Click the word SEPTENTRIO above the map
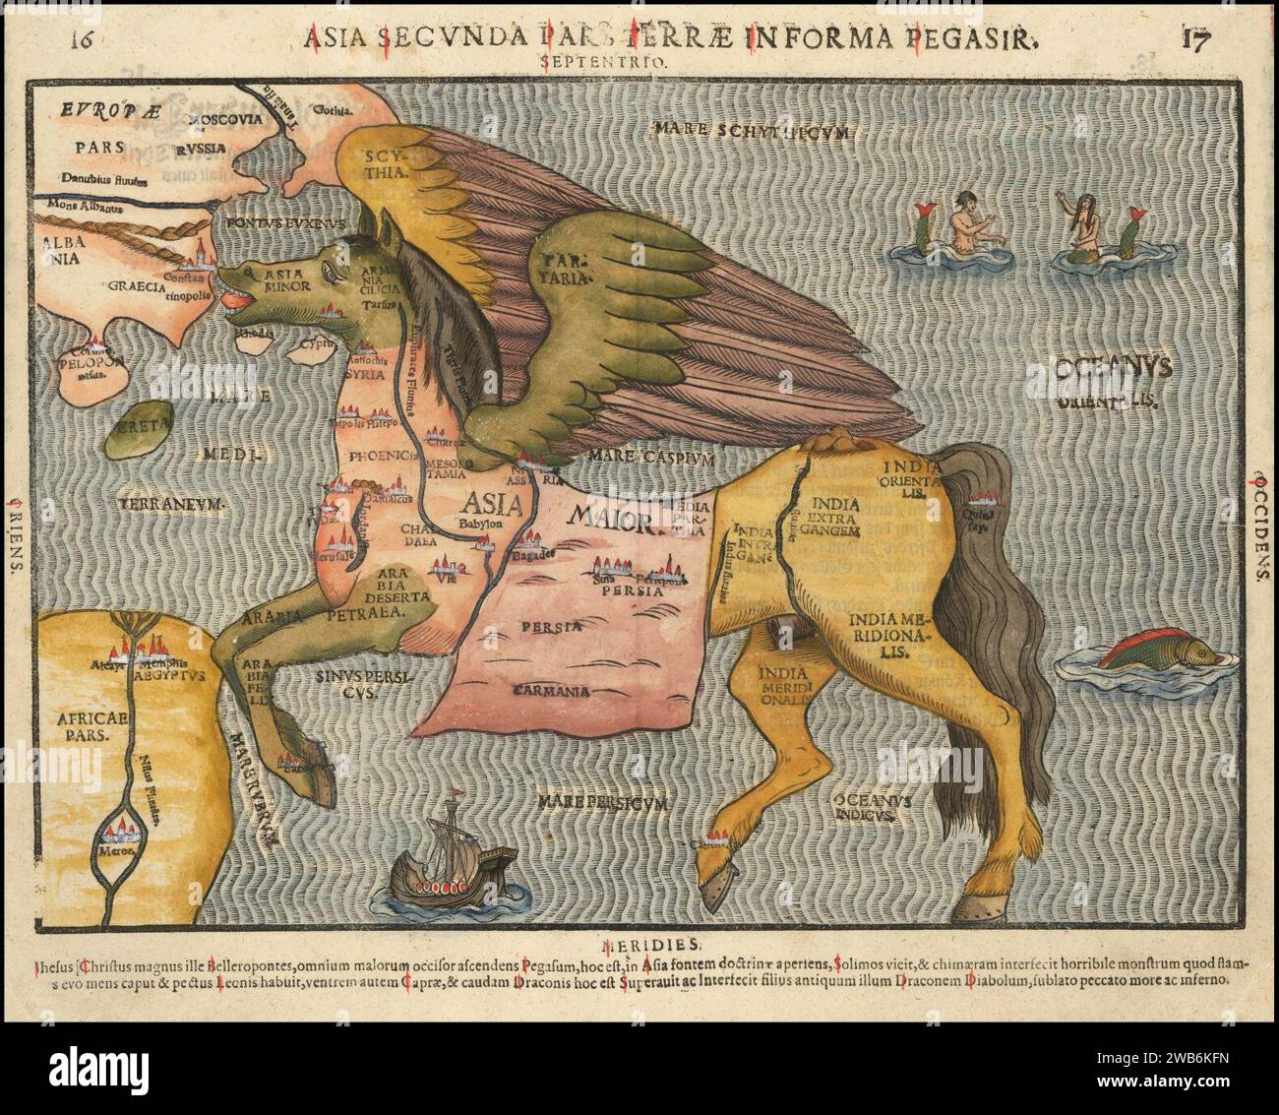click(604, 61)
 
